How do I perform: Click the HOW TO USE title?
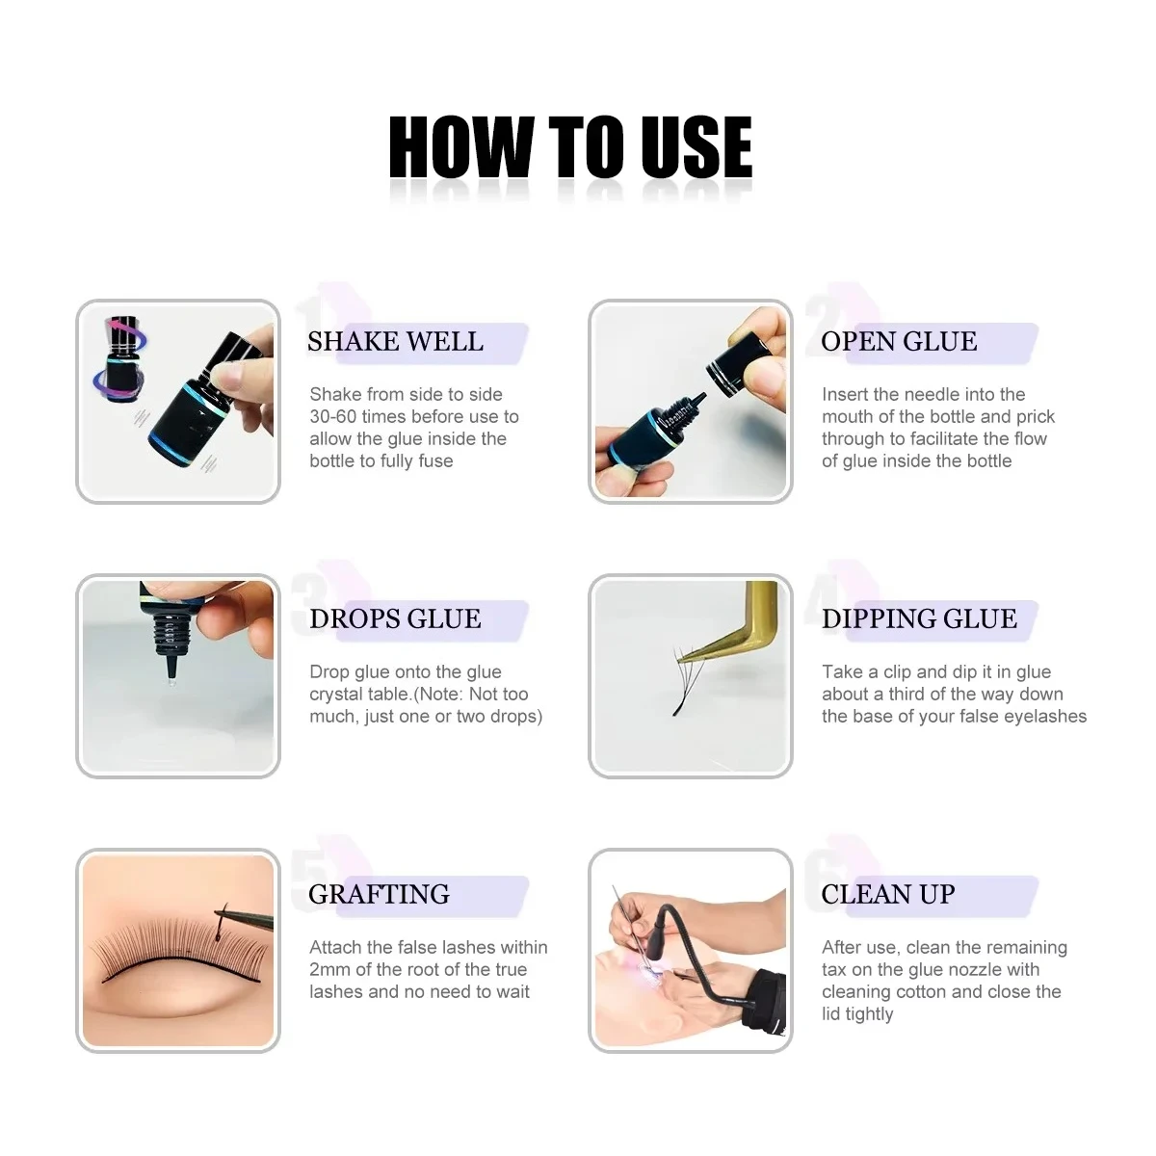[x=570, y=147]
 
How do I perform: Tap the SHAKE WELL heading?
[x=395, y=341]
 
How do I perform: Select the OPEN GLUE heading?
[x=899, y=341]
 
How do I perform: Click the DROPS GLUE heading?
[x=395, y=618]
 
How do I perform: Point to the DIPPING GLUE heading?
[x=919, y=618]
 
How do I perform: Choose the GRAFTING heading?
[x=380, y=894]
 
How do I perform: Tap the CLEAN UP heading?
[x=888, y=894]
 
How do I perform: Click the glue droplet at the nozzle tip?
[x=172, y=681]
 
